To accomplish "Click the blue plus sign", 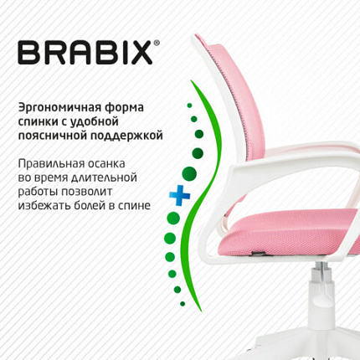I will point(177,195).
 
